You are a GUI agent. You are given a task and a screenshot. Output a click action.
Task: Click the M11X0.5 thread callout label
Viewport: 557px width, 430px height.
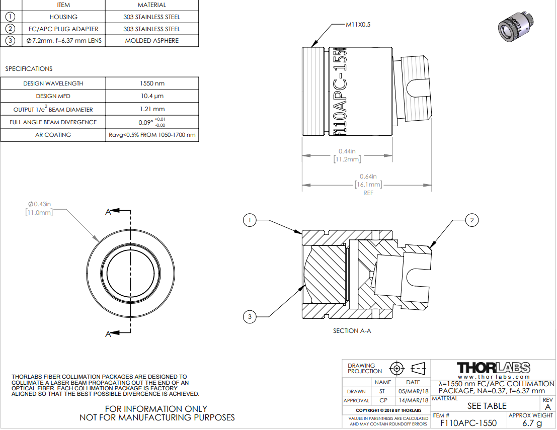[358, 25]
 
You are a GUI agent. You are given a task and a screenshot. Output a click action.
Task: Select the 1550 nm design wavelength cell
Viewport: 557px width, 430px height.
[152, 83]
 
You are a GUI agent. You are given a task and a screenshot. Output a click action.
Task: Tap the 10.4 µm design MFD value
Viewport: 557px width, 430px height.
[152, 96]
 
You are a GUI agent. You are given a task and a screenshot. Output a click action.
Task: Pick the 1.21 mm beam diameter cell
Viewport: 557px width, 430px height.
[152, 109]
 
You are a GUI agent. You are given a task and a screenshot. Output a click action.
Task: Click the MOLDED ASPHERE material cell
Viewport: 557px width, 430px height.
[151, 40]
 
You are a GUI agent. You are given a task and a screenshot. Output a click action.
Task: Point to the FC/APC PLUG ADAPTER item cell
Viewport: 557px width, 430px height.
[63, 29]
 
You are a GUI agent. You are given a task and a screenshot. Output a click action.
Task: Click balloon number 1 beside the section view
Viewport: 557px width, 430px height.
[250, 220]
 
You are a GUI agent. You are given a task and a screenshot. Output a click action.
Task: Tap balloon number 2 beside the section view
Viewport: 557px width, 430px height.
[472, 220]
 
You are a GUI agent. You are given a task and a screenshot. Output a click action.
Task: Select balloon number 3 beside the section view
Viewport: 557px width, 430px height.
[250, 316]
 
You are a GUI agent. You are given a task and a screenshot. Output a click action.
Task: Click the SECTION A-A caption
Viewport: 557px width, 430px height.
[352, 331]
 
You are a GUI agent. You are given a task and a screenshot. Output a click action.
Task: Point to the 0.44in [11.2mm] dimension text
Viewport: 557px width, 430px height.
[347, 155]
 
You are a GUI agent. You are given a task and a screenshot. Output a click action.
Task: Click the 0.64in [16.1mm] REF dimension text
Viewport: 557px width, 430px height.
[368, 185]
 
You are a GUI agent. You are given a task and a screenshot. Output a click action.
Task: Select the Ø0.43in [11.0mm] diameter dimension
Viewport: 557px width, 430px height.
[39, 208]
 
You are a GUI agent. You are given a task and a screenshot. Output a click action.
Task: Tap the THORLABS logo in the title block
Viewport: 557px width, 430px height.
[494, 368]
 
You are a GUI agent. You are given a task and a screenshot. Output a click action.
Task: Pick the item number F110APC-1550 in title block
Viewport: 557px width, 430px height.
[468, 423]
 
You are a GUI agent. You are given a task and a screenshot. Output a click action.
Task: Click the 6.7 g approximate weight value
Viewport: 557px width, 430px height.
[532, 423]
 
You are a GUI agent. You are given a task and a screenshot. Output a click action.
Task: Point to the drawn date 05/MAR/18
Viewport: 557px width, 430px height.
[413, 391]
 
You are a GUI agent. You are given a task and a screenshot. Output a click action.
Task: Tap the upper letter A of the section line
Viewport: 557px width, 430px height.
[108, 212]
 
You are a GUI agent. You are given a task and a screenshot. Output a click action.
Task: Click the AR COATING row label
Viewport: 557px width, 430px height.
[53, 135]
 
